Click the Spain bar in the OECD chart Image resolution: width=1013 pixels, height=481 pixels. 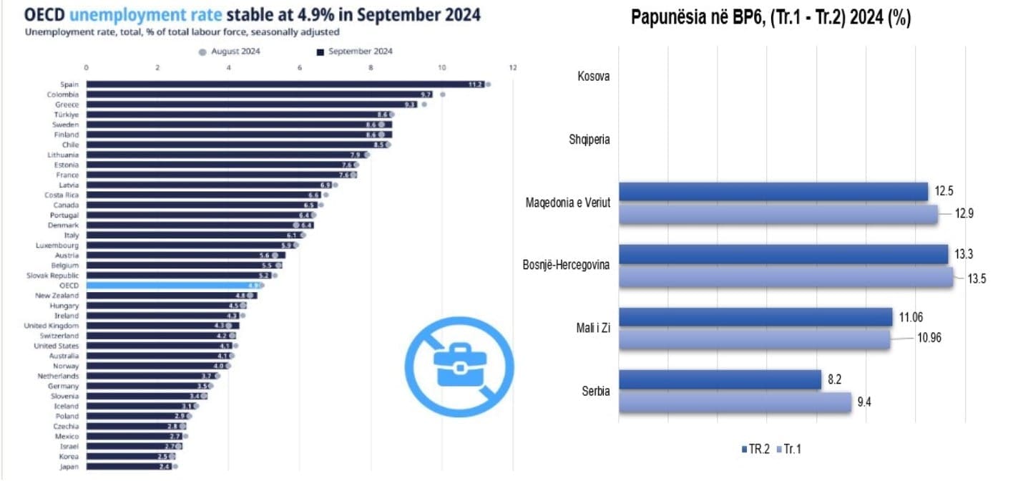pos(286,84)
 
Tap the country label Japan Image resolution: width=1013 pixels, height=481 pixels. pos(69,467)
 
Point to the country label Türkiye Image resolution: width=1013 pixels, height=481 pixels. pos(67,115)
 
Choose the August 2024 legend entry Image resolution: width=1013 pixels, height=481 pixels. pos(234,52)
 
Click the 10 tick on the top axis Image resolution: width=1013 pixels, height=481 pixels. pos(442,67)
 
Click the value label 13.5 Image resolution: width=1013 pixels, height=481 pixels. pos(976,278)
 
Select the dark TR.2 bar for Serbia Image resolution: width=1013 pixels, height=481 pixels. pos(720,380)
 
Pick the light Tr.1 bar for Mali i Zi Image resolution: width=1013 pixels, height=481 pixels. pos(754,339)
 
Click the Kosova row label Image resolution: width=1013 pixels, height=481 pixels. pos(593,76)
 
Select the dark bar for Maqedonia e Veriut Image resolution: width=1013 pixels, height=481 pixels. pos(773,192)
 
